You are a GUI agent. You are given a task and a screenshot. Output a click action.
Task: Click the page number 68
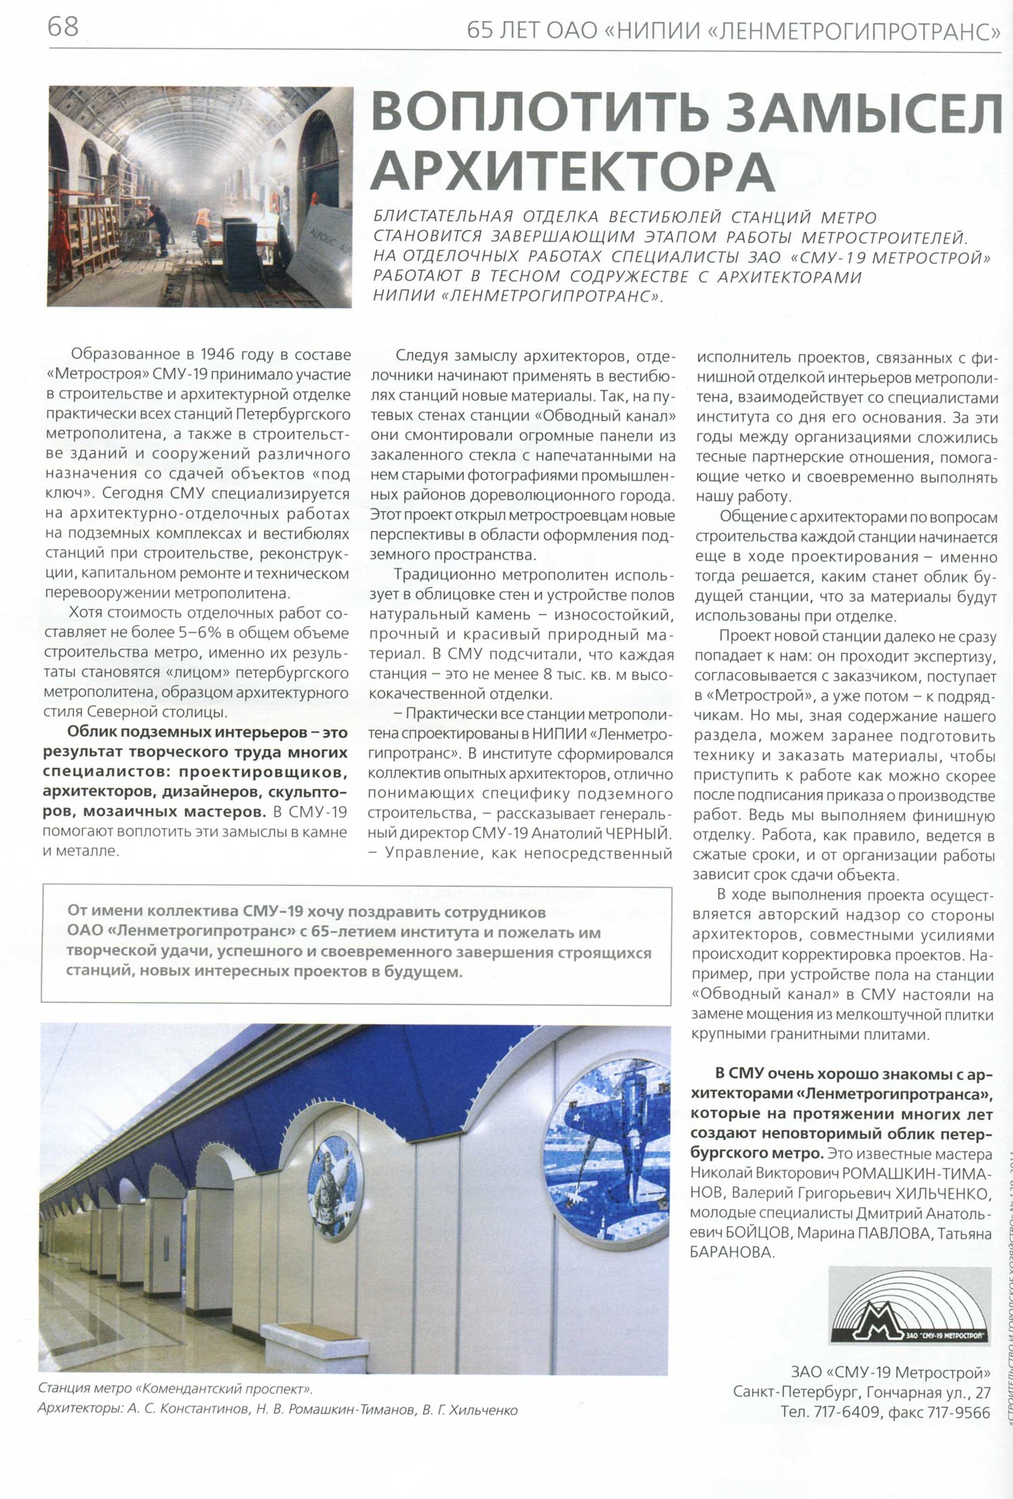coord(63,28)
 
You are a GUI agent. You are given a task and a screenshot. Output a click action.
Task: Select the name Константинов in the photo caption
coord(189,1410)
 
